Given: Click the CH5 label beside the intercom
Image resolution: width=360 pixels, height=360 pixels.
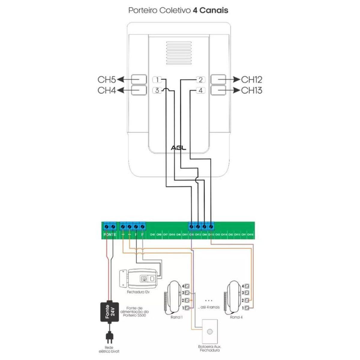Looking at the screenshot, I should pyautogui.click(x=107, y=79).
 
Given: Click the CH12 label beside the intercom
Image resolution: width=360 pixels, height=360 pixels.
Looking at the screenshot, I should pyautogui.click(x=252, y=79).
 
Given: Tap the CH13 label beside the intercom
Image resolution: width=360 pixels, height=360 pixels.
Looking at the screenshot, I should pyautogui.click(x=252, y=90).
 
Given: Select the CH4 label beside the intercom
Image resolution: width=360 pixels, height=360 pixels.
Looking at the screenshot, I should pyautogui.click(x=107, y=90).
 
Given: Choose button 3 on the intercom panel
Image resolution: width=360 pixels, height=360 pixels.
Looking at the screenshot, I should pyautogui.click(x=157, y=90).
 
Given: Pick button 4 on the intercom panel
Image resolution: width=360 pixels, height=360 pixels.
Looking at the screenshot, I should pyautogui.click(x=200, y=90).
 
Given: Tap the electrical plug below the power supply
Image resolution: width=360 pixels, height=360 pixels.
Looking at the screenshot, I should pyautogui.click(x=109, y=337).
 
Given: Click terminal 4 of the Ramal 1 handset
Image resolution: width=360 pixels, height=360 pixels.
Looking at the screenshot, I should pyautogui.click(x=187, y=286).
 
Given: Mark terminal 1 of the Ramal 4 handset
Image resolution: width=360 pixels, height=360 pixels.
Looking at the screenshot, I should pyautogui.click(x=247, y=308).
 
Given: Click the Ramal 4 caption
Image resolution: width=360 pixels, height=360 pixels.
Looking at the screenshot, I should pyautogui.click(x=236, y=317).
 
